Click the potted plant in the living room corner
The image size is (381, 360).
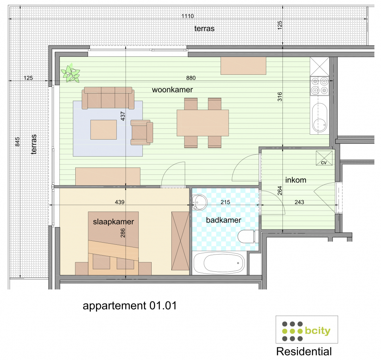pyautogui.click(x=71, y=73)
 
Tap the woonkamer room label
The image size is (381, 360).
pyautogui.click(x=172, y=90)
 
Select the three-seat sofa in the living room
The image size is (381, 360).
pyautogui.click(x=108, y=98)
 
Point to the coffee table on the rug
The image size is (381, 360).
pyautogui.click(x=103, y=130)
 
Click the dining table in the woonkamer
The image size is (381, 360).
pyautogui.click(x=203, y=123)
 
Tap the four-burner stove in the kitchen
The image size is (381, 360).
pyautogui.click(x=319, y=86)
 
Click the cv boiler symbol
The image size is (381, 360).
pyautogui.click(x=324, y=157)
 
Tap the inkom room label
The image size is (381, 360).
pyautogui.click(x=296, y=180)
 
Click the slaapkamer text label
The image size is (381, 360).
pyautogui.click(x=113, y=222)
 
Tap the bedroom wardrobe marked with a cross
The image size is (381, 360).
pyautogui.click(x=180, y=241)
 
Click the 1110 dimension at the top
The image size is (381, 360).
pyautogui.click(x=188, y=17)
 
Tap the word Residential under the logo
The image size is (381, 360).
pyautogui.click(x=304, y=351)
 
